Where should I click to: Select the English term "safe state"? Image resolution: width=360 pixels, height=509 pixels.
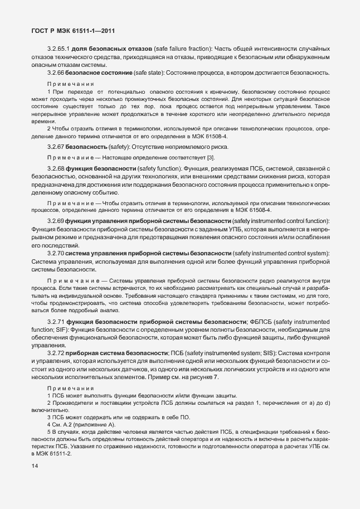click(x=153, y=74)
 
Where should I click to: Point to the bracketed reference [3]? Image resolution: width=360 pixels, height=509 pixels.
click(x=211, y=158)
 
